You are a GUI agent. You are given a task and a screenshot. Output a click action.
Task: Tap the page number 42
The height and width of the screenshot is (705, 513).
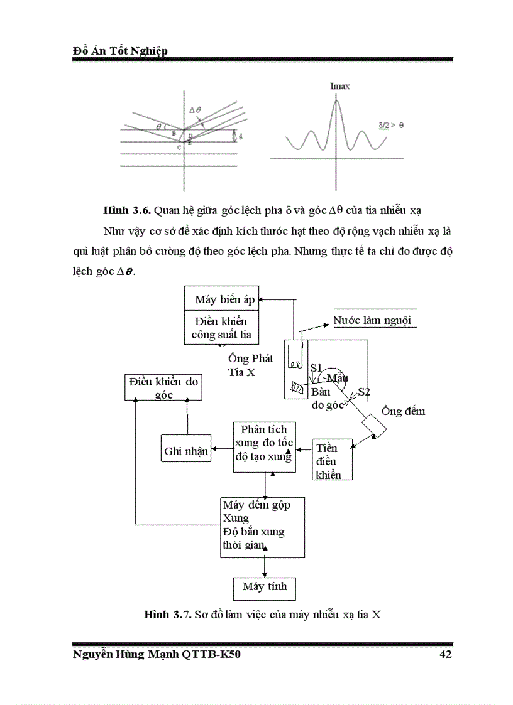(x=445, y=655)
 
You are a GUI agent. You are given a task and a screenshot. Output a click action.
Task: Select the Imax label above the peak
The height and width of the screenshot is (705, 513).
(x=339, y=86)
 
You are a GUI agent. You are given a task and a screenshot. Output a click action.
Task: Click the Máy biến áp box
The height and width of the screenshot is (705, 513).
(x=223, y=299)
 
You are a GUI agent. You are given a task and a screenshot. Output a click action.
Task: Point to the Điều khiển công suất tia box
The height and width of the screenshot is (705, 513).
(x=223, y=327)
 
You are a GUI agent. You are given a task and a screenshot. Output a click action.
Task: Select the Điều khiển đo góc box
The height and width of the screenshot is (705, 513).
(x=163, y=388)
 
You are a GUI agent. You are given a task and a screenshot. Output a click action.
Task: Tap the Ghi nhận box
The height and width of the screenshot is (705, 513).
(x=186, y=451)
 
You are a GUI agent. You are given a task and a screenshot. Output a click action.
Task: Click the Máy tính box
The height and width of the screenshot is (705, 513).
(x=264, y=587)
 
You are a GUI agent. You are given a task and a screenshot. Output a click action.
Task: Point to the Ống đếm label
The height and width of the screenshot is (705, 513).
(x=403, y=412)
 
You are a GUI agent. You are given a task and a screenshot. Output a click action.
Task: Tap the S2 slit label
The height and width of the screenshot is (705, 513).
(x=363, y=392)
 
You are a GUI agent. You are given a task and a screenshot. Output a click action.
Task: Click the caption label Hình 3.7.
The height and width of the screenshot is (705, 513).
(x=167, y=615)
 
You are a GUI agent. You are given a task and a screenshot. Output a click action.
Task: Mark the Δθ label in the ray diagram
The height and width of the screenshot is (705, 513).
(x=195, y=110)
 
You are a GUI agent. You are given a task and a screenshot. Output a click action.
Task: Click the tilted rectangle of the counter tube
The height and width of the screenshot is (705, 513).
(x=374, y=427)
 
